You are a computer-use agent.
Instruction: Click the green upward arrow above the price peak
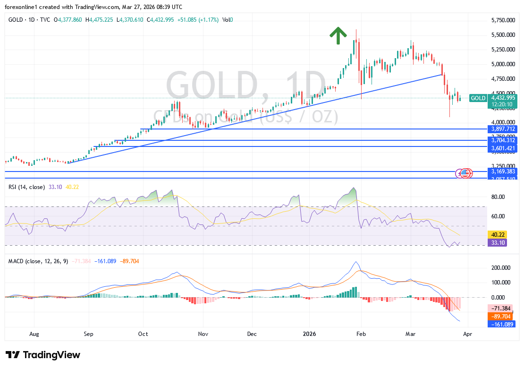click(x=338, y=35)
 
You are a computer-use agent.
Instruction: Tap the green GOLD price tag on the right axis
click(x=478, y=98)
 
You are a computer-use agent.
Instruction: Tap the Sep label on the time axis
click(x=88, y=334)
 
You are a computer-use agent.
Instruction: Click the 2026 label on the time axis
click(x=309, y=334)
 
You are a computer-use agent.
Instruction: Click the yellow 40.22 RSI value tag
click(x=498, y=235)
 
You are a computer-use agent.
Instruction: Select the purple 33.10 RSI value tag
click(x=498, y=243)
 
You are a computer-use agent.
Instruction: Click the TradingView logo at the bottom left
click(x=43, y=355)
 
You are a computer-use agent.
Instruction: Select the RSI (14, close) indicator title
click(x=26, y=187)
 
